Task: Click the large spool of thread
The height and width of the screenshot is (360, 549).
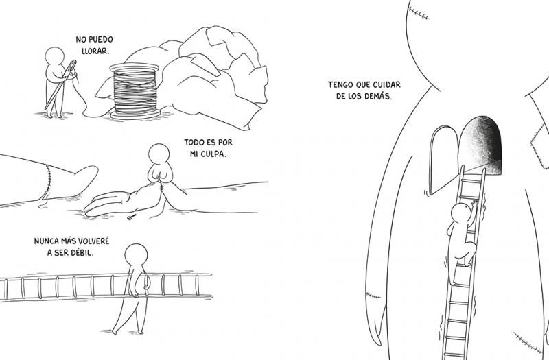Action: (x=135, y=91)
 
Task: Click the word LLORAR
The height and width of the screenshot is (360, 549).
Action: (x=95, y=51)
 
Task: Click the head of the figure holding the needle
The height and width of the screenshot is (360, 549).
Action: (x=55, y=56)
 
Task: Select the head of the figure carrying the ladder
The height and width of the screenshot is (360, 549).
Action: (x=136, y=254)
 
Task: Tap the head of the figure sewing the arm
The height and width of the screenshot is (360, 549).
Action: (x=159, y=154)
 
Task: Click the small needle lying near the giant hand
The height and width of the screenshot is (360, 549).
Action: (x=131, y=217)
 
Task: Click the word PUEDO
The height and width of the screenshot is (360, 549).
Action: (x=102, y=40)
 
